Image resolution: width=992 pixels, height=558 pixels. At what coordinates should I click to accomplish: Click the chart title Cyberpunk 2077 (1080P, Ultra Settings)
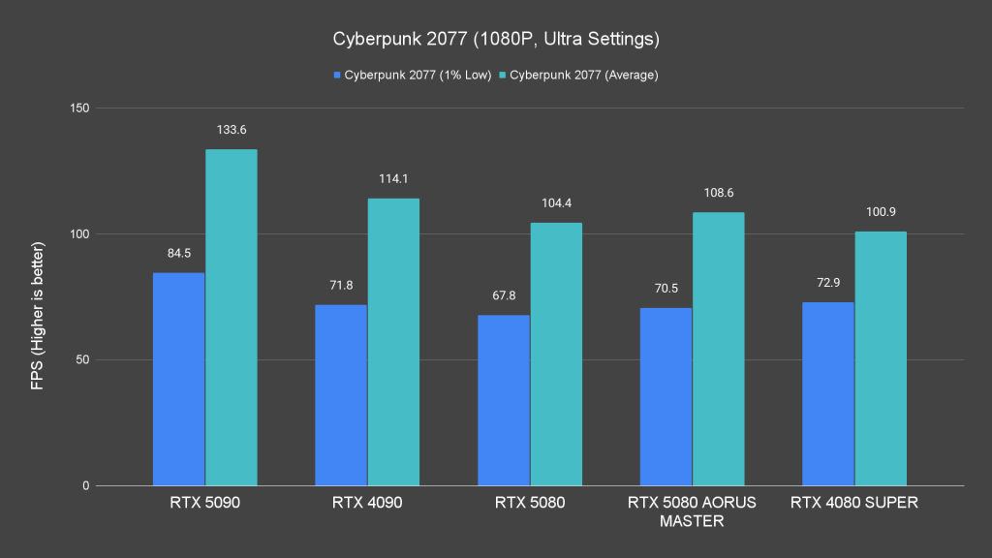496,40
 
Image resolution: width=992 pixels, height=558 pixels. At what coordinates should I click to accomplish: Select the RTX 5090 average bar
231,318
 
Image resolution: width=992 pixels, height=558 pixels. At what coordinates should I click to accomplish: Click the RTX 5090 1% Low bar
179,380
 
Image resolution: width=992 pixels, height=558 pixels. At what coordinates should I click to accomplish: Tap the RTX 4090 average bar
393,342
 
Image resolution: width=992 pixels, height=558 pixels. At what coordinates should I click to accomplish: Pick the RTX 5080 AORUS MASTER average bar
718,349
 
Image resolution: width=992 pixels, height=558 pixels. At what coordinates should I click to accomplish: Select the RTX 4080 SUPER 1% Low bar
828,394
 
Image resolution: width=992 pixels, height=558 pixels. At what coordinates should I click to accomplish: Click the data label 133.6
231,130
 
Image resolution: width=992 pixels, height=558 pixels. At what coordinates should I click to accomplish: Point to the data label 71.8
341,286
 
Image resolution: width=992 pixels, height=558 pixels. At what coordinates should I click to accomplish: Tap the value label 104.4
556,203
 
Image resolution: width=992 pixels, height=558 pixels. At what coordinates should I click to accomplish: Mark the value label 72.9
828,283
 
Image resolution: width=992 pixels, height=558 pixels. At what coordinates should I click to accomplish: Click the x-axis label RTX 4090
367,503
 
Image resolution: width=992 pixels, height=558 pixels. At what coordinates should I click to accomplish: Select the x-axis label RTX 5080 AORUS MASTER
692,511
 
